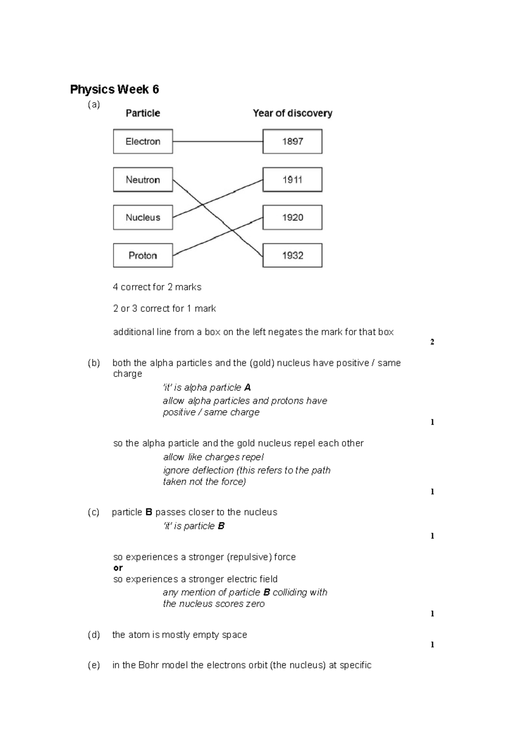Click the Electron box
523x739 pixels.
pos(143,141)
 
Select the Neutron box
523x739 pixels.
pos(143,180)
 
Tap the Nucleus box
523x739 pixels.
pos(143,217)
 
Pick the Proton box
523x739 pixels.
pos(143,255)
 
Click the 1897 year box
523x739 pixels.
pos(292,141)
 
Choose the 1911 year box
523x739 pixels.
pos(292,180)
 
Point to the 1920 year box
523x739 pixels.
pos(292,217)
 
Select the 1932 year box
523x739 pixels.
pos(292,255)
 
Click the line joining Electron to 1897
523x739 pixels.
pos(218,142)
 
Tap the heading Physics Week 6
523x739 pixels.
pos(115,89)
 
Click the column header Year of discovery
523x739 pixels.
pos(293,113)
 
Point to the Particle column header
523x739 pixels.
pos(143,113)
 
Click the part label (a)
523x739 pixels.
pos(94,105)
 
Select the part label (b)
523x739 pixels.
pos(94,363)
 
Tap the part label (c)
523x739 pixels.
pos(93,512)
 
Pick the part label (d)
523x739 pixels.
pos(94,635)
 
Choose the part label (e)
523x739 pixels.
pos(94,665)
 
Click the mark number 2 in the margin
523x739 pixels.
pos(432,342)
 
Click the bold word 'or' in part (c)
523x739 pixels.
pos(118,568)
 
